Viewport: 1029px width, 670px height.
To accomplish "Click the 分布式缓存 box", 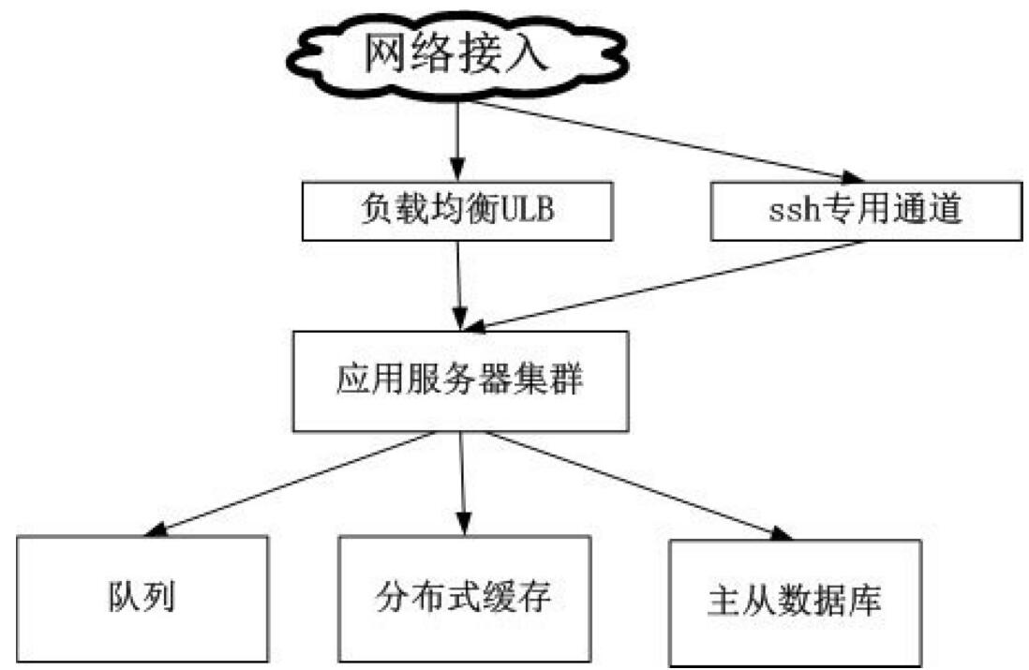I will tap(464, 598).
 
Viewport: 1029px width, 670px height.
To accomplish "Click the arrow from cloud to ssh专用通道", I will tap(656, 141).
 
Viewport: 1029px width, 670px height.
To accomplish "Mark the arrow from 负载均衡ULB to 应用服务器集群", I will tap(459, 281).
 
